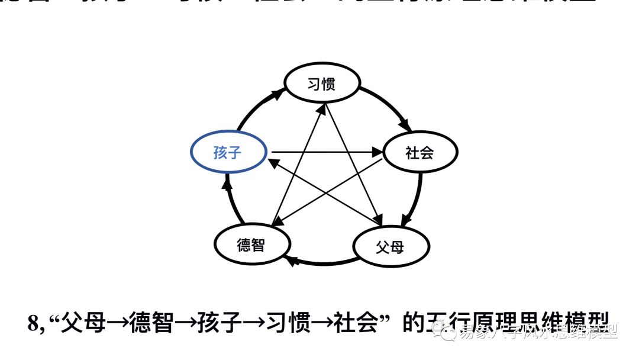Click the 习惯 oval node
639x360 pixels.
pos(322,84)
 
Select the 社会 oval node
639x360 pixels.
pos(420,153)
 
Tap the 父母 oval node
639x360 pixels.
pos(390,246)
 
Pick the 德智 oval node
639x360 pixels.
pos(251,244)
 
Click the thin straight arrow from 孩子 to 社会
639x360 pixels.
pos(325,153)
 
